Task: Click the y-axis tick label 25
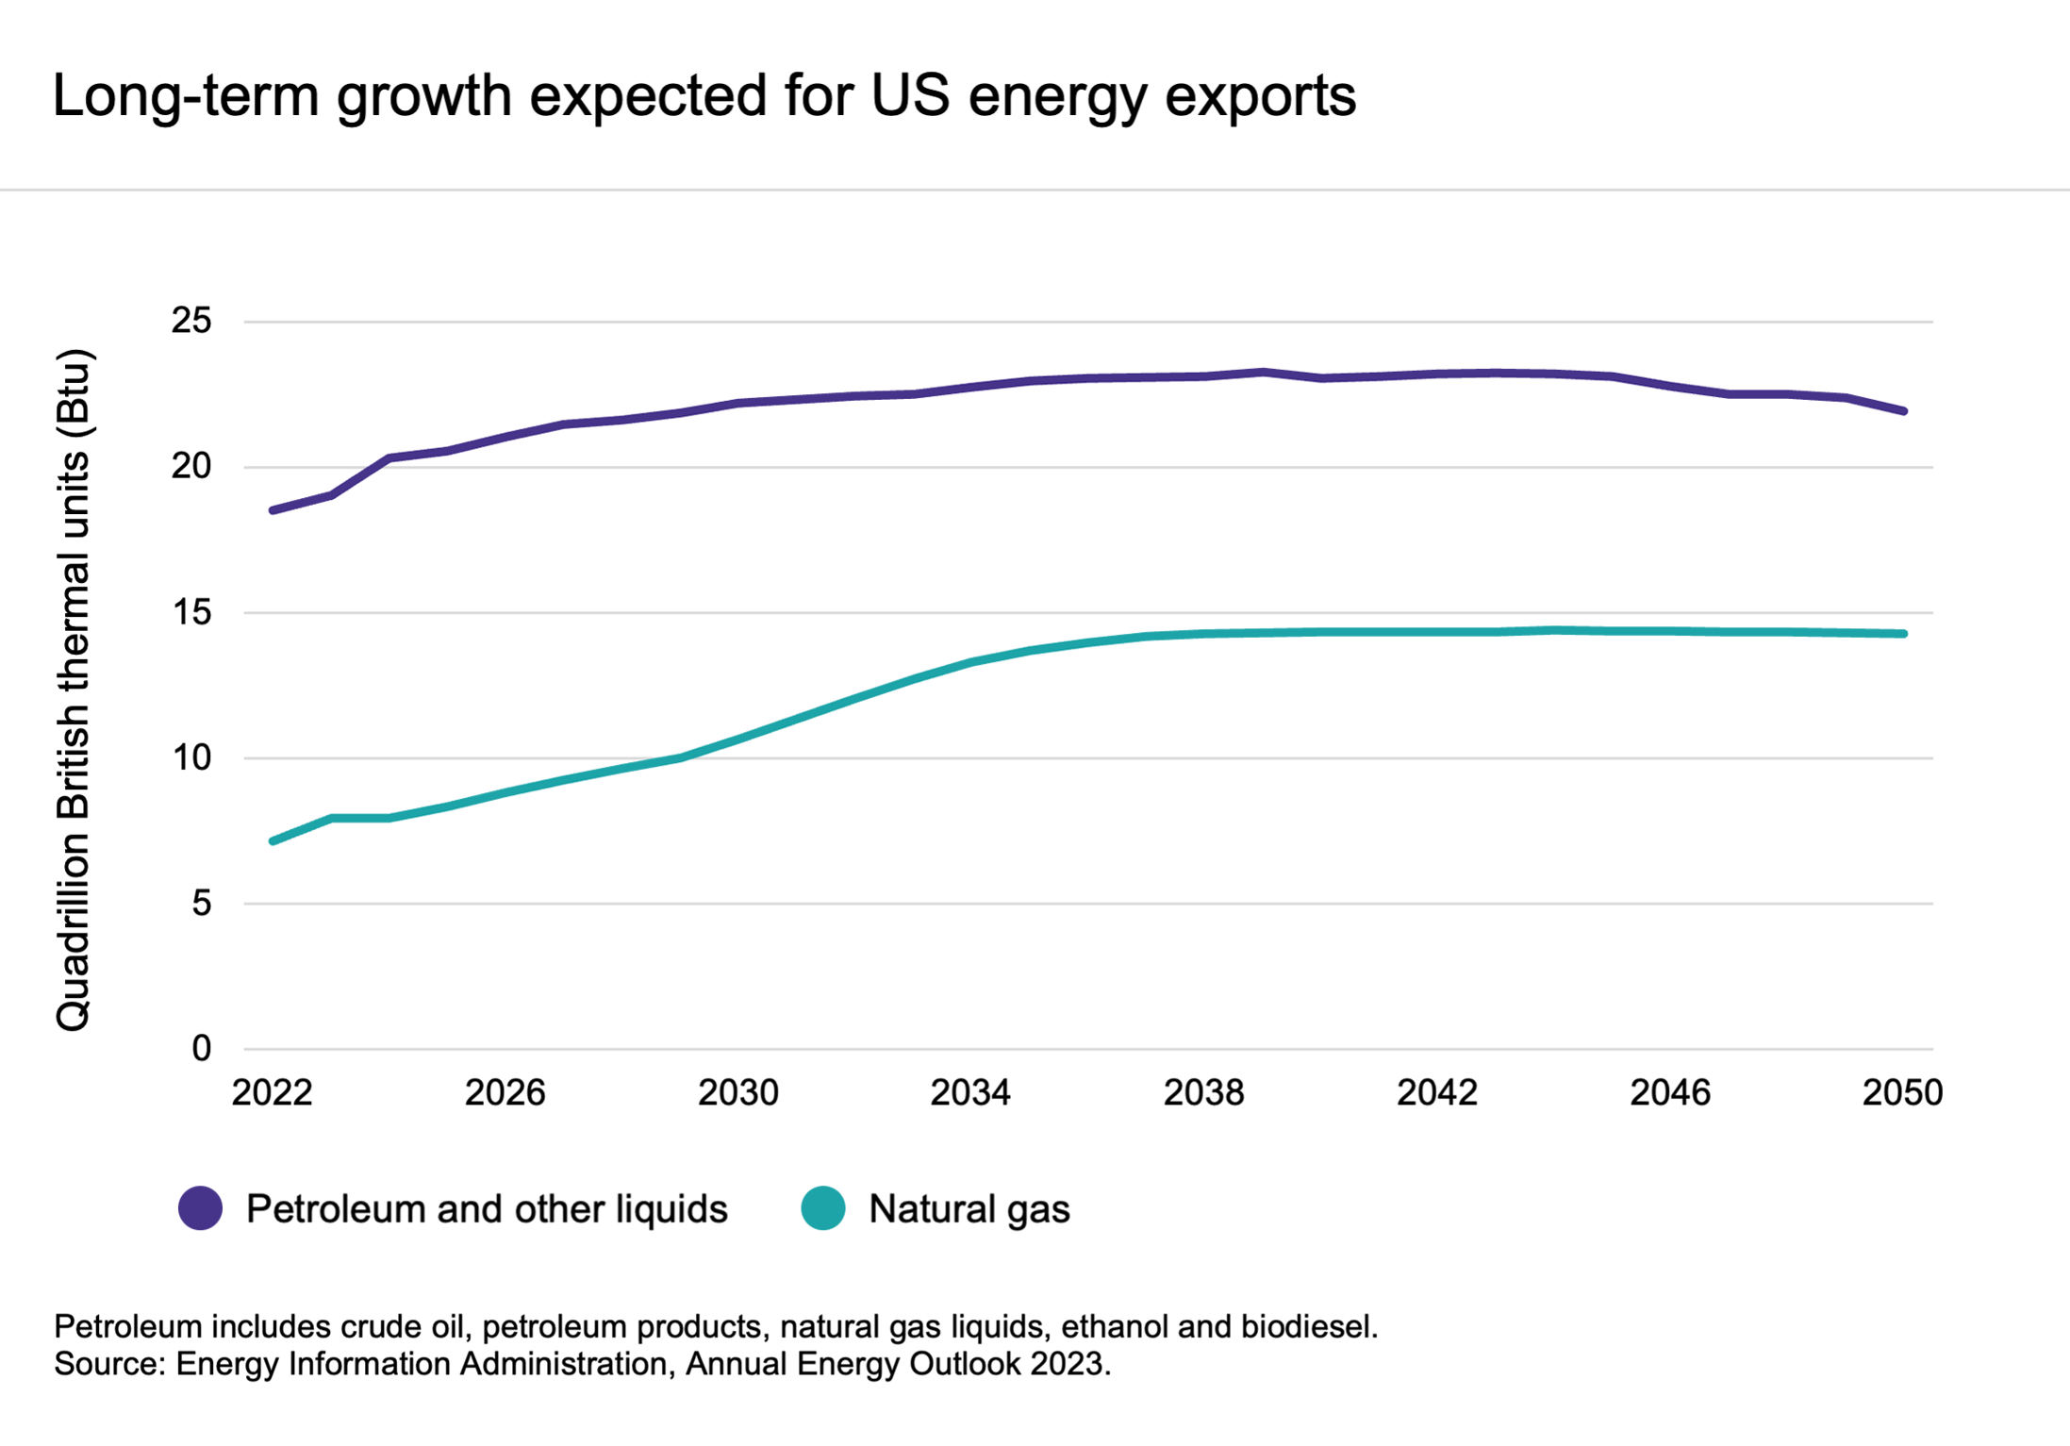(190, 322)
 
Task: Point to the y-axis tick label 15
(190, 613)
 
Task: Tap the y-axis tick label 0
(201, 1049)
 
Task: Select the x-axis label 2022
(272, 1093)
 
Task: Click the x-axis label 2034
(970, 1093)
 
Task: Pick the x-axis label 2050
(1902, 1093)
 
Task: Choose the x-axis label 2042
(1436, 1093)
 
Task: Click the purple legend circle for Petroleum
(200, 1208)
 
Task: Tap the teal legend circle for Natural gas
(823, 1208)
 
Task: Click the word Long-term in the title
(185, 96)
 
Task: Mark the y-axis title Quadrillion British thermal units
(74, 689)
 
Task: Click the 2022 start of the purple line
(273, 510)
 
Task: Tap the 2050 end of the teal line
(1904, 634)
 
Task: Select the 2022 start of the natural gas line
(273, 840)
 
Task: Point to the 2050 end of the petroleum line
(1904, 411)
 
